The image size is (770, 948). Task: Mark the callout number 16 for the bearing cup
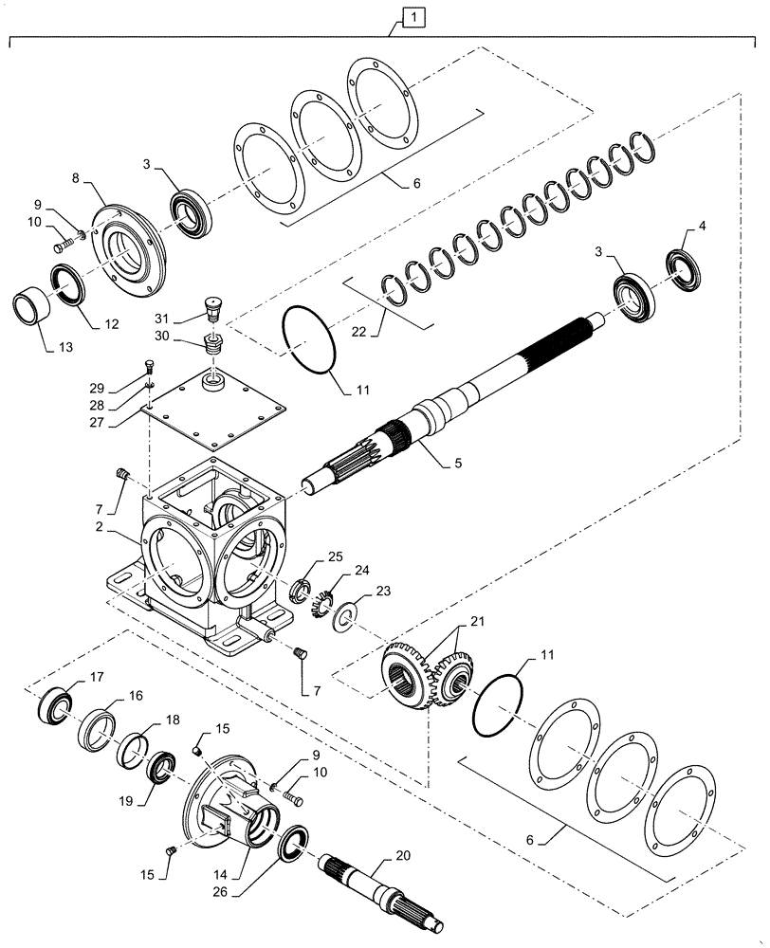[x=137, y=696]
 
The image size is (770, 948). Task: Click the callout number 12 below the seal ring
[x=112, y=323]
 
